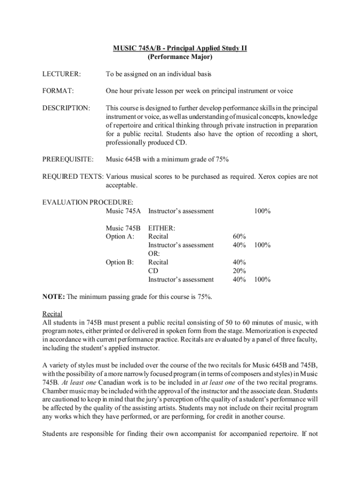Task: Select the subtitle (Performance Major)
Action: (x=180, y=57)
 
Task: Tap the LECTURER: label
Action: (x=61, y=74)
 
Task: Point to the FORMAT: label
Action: (x=58, y=91)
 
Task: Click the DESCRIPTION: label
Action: (x=66, y=108)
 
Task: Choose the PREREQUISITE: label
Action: (x=68, y=160)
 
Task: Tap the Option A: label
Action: (x=120, y=237)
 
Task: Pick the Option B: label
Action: (x=120, y=262)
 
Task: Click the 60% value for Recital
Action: (x=239, y=237)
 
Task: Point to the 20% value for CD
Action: (x=239, y=271)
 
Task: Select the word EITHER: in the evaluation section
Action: (x=162, y=228)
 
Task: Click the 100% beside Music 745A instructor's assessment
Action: (x=262, y=211)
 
